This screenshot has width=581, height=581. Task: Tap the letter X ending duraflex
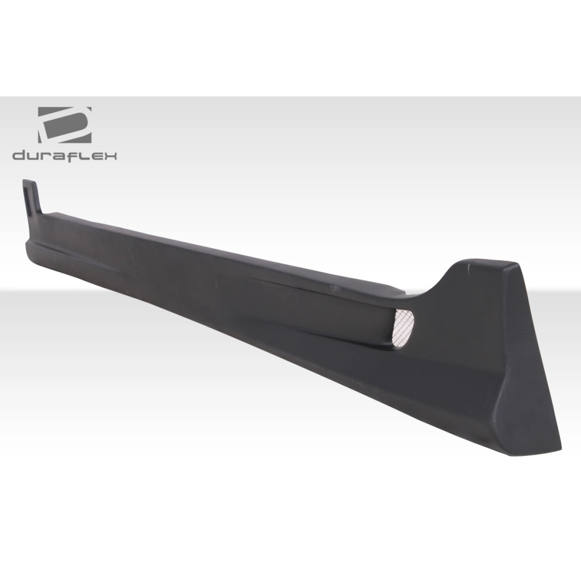pyautogui.click(x=113, y=156)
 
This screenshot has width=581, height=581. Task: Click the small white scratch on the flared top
pyautogui.click(x=468, y=265)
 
